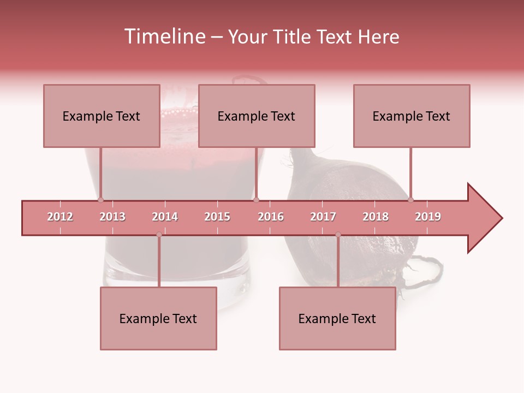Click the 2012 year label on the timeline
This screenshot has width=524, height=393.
(60, 217)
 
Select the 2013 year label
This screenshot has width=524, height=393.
(112, 217)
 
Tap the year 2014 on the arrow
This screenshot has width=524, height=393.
(165, 217)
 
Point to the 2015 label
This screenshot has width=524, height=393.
(217, 217)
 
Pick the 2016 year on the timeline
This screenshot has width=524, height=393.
(271, 217)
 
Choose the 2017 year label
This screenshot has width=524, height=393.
(323, 217)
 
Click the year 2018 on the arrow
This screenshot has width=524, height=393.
(376, 217)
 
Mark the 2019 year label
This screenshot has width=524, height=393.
(428, 217)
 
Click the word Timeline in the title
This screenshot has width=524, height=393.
(164, 37)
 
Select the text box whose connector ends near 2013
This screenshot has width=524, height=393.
(102, 116)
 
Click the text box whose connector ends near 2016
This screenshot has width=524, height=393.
(257, 116)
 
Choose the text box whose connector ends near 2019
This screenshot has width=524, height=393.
(412, 116)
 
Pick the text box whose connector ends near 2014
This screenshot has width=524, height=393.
(158, 318)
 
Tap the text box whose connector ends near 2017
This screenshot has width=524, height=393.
(337, 318)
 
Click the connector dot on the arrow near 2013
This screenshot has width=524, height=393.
(101, 200)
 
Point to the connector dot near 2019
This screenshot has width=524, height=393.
(411, 200)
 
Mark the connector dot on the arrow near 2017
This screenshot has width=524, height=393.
(338, 235)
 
